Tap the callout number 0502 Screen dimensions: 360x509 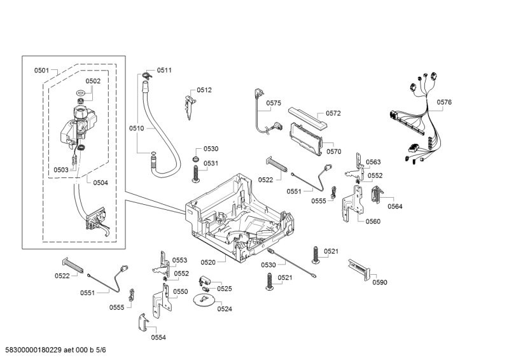point(93,81)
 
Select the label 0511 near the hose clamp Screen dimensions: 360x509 point(164,71)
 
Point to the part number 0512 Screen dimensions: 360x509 point(204,90)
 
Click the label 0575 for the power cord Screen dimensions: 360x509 point(274,103)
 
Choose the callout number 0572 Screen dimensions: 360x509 point(333,114)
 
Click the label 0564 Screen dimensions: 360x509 point(395,206)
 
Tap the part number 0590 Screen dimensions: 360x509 point(379,282)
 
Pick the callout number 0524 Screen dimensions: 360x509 point(224,308)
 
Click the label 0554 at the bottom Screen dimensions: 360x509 point(158,337)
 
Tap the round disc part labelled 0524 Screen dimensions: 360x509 point(204,300)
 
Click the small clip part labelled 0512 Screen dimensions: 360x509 point(188,102)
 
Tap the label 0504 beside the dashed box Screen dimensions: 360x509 point(100,183)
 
